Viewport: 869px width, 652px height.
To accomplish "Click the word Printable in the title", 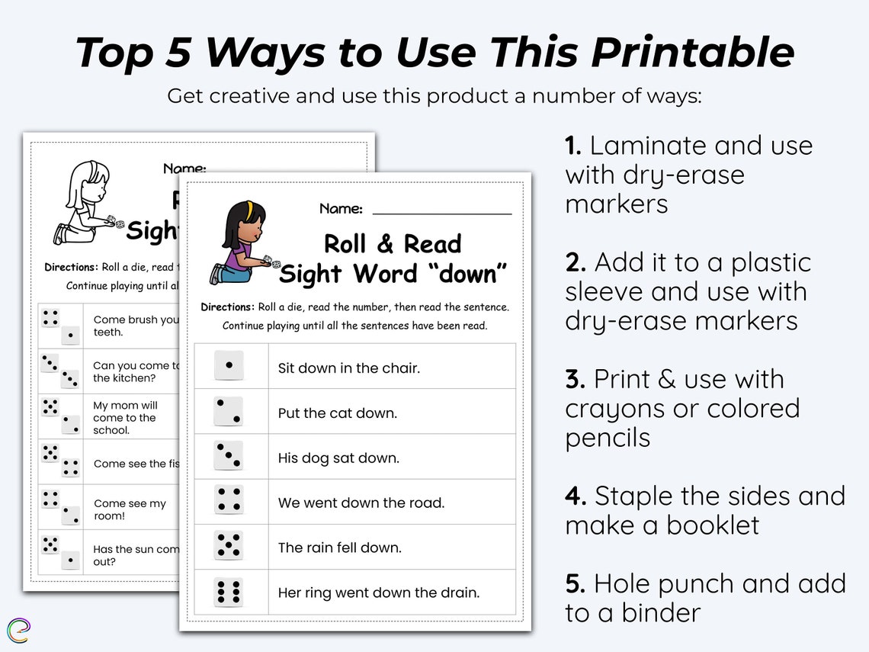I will tap(692, 53).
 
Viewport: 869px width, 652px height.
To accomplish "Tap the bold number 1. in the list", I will tap(573, 146).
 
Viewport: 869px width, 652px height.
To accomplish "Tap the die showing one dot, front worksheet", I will tap(229, 366).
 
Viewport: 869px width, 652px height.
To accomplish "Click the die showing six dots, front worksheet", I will tap(229, 592).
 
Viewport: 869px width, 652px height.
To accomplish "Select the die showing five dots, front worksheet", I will tap(229, 546).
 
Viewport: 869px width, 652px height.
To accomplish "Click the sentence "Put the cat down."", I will tap(337, 413).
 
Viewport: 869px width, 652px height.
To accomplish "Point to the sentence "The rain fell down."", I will tap(339, 548).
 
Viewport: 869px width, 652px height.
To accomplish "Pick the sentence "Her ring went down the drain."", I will tap(378, 593).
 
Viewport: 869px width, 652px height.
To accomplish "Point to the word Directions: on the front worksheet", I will tap(227, 307).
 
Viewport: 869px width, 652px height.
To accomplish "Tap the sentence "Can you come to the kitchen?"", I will tap(136, 371).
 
